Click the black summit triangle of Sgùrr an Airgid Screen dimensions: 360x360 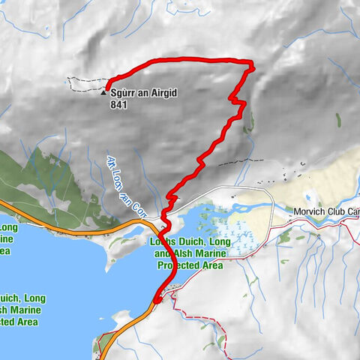tap(103, 94)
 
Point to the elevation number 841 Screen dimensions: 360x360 tap(118, 106)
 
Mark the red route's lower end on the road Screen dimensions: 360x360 tap(157, 300)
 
